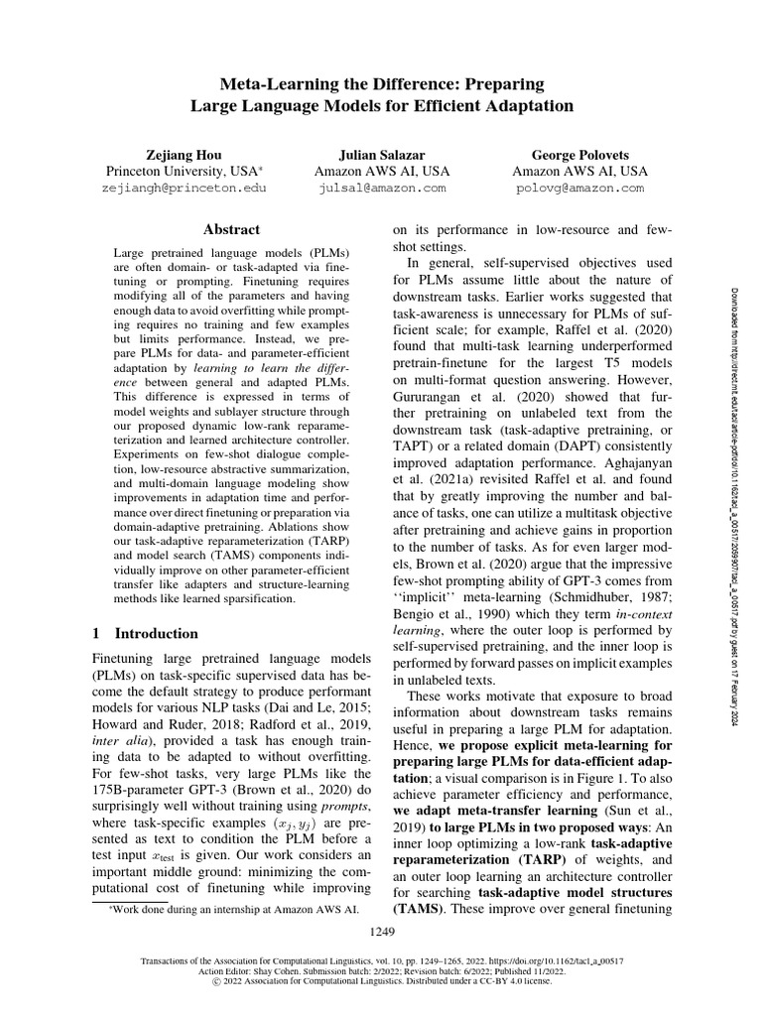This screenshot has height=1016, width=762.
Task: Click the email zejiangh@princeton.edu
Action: pos(184,187)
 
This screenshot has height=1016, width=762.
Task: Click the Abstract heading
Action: pos(230,228)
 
